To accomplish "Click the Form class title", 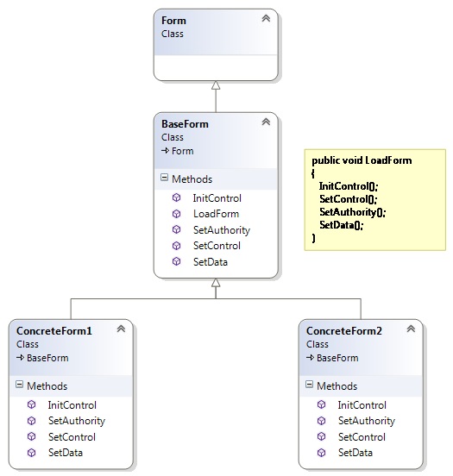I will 173,21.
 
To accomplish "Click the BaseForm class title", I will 185,124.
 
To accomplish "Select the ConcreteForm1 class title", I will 53,330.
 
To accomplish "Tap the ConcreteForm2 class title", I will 343,330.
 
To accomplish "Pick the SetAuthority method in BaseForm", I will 222,230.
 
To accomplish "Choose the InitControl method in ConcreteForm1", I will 72,405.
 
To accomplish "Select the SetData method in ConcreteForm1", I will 66,453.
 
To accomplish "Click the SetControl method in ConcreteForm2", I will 362,437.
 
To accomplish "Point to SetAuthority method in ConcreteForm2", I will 366,421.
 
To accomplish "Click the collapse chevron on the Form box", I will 267,18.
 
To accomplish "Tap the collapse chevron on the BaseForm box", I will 267,122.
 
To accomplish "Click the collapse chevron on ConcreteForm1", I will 122,329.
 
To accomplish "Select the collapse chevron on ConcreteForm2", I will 412,329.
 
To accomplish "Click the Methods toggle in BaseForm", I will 165,179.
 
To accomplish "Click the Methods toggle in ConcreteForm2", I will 310,386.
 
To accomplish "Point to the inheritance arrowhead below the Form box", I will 216,85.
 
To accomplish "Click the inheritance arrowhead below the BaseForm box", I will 216,291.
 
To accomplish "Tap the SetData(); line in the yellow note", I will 342,224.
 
